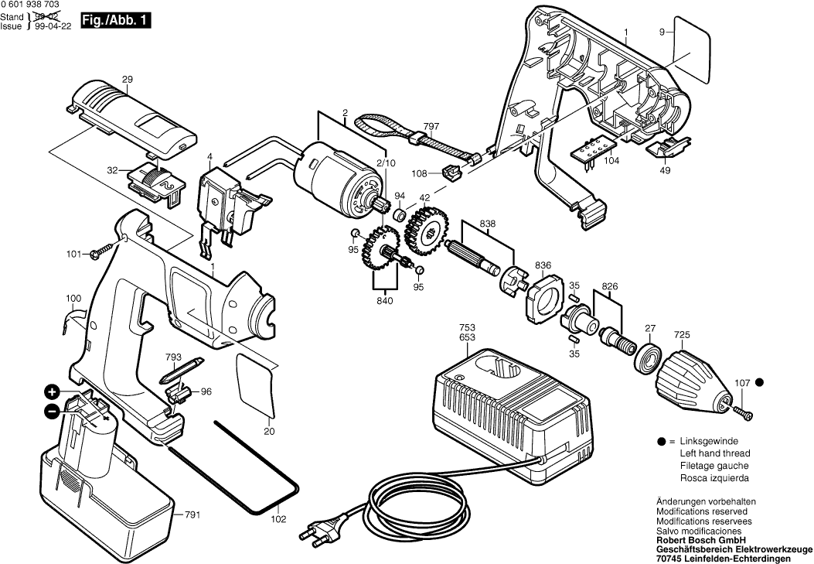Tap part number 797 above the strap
point(431,125)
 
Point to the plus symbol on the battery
point(51,391)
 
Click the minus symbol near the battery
point(51,412)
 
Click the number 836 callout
point(543,266)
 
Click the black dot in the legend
point(662,441)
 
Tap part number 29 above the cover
point(128,80)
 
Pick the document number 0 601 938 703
point(32,5)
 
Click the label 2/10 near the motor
point(386,162)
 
